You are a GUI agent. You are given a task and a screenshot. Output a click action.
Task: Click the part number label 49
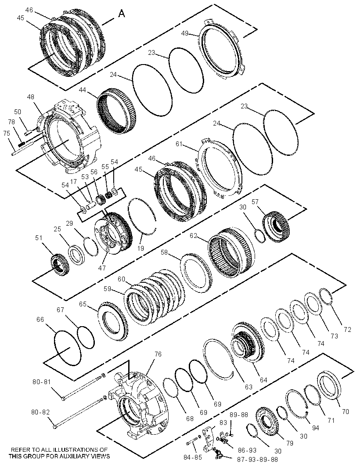[185, 33]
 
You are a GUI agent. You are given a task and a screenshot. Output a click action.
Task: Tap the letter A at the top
[121, 14]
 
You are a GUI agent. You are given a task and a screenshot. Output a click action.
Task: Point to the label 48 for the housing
[30, 97]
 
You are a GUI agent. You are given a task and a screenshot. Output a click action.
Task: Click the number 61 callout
[179, 144]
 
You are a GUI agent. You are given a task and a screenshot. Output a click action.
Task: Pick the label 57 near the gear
[255, 202]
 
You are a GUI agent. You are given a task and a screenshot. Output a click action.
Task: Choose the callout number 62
[194, 235]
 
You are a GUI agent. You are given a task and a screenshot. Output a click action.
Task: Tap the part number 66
[40, 319]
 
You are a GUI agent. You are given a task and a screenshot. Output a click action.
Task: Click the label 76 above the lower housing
[158, 354]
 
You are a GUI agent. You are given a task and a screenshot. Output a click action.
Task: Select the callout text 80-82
[40, 412]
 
